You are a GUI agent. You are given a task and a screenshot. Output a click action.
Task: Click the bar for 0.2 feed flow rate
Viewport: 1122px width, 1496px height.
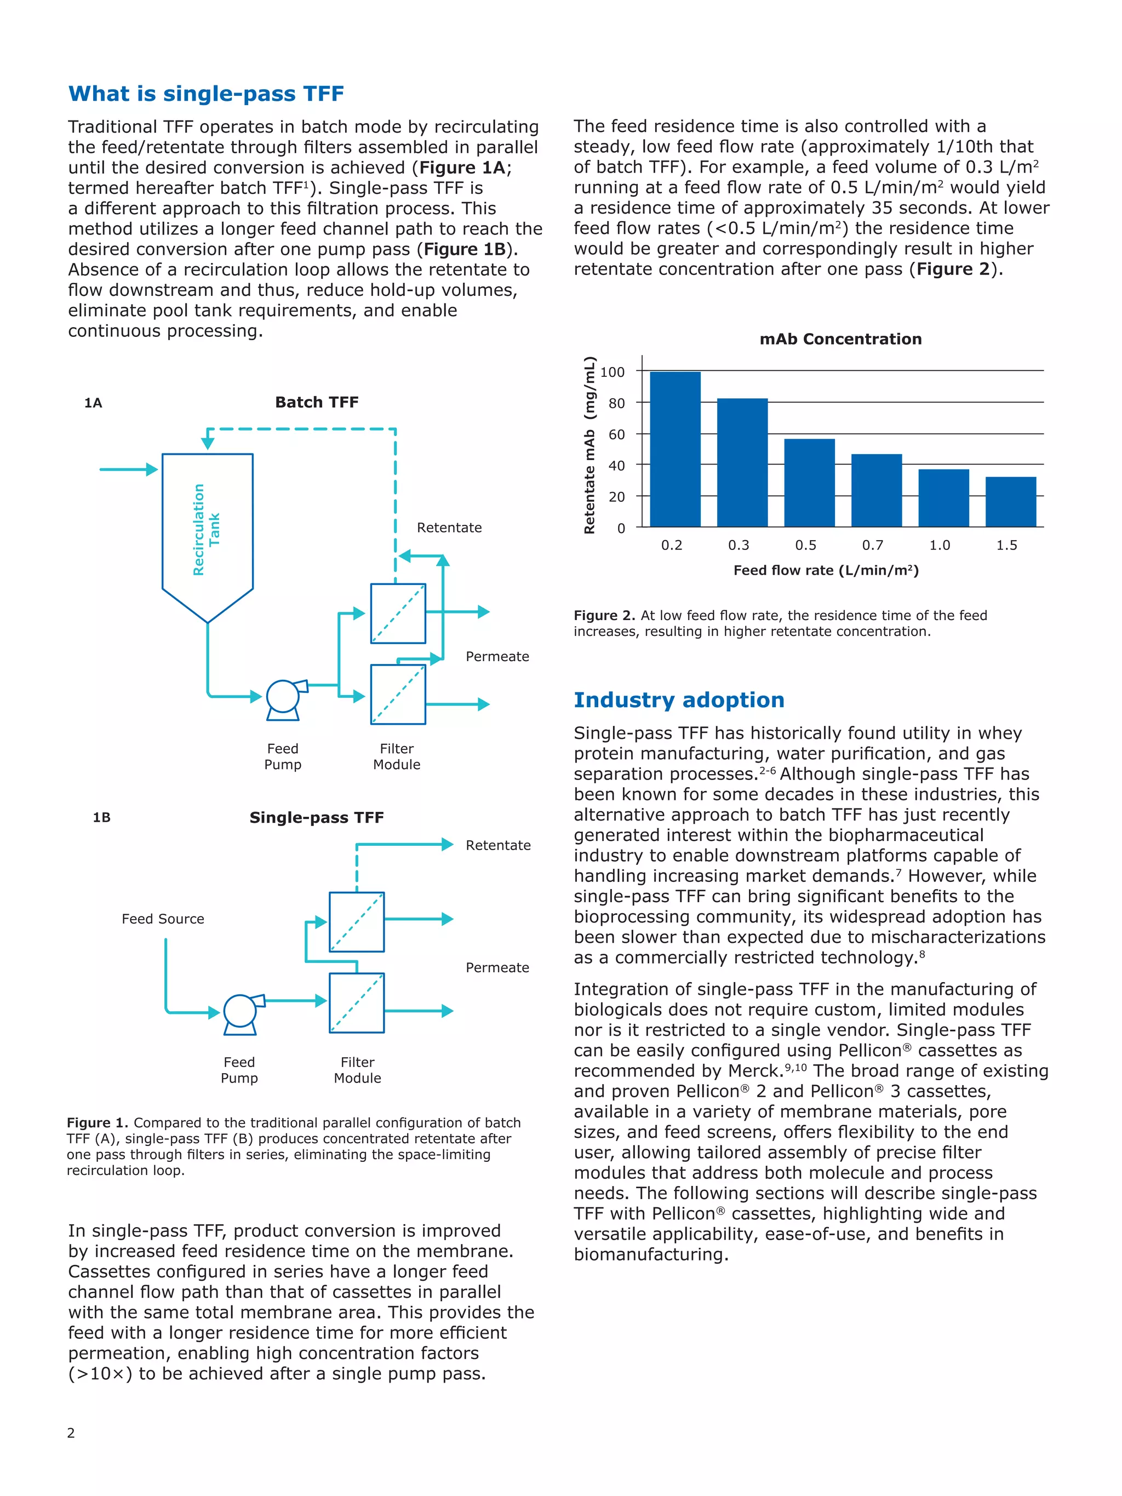point(674,449)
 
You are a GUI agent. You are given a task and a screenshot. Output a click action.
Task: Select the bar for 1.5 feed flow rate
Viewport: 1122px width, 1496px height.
point(1010,501)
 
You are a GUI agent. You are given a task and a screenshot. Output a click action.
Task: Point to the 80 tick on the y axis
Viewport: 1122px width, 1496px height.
point(616,403)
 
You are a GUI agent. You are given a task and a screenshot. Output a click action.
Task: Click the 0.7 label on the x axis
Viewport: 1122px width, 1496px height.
point(872,545)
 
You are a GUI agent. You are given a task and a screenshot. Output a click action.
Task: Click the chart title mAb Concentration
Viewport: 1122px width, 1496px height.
point(840,339)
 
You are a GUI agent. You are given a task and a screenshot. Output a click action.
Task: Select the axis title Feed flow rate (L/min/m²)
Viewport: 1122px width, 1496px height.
point(826,570)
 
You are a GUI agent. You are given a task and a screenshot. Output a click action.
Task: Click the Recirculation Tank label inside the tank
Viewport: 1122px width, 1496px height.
point(207,530)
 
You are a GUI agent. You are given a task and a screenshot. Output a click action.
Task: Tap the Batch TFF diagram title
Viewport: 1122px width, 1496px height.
point(317,403)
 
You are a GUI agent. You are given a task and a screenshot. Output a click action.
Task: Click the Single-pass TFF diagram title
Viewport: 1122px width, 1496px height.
point(317,818)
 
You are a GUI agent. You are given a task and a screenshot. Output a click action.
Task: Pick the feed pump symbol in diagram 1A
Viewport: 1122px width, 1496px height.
point(283,698)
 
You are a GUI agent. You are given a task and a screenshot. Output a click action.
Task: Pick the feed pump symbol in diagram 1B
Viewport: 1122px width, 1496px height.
point(240,1012)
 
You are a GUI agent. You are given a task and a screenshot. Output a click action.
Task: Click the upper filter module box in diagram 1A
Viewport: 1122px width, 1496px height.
point(398,614)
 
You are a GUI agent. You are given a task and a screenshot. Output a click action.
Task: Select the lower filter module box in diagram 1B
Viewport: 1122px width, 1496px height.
point(357,1003)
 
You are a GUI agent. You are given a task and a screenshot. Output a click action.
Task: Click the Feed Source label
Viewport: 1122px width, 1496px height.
point(163,919)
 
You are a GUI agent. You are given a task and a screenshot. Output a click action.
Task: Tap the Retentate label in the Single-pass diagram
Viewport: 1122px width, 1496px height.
point(498,845)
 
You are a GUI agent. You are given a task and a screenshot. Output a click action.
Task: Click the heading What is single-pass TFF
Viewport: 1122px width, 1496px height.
point(207,93)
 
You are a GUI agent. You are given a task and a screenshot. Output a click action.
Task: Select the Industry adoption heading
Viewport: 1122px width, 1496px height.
point(678,700)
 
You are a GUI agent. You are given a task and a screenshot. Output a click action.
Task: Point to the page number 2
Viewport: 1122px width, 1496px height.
point(71,1432)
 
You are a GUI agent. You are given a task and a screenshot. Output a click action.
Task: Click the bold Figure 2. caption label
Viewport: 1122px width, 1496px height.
point(604,616)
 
